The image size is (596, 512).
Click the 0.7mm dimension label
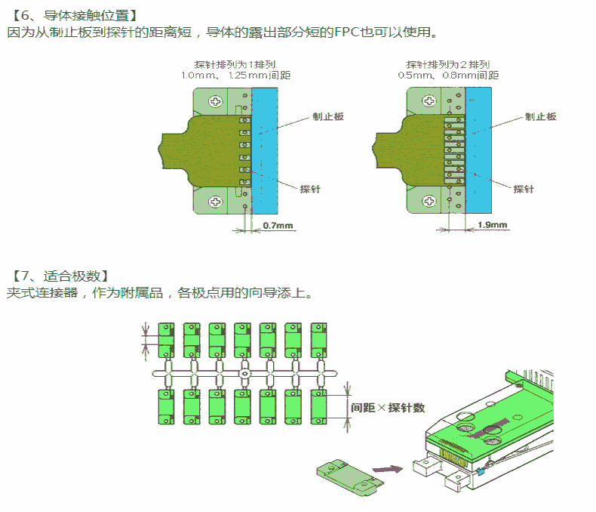278,225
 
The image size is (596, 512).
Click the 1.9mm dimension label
492,224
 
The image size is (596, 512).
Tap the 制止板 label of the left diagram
328,116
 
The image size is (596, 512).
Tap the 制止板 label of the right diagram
540,116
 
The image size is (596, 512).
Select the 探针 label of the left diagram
310,189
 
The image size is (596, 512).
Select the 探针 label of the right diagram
524,189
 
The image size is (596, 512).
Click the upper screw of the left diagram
216,101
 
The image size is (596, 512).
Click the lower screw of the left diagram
215,201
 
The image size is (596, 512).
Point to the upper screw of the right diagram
429,100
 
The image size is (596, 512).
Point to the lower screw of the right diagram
429,200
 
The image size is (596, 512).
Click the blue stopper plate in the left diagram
265,150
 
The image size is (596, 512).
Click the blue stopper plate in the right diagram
478,150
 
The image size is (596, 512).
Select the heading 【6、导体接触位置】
75,15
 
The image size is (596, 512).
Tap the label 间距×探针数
388,408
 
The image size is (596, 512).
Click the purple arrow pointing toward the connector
387,469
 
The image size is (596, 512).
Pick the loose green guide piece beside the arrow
350,477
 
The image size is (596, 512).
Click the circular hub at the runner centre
244,374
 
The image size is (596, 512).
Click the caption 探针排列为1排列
235,64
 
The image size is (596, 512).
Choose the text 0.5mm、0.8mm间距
448,75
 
